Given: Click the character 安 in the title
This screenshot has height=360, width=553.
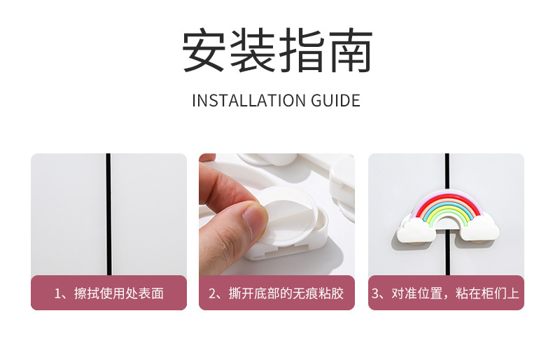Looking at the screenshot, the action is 204,50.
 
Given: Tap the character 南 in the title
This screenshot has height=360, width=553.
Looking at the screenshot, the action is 351,50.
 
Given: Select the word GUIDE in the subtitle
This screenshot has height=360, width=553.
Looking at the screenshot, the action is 336,101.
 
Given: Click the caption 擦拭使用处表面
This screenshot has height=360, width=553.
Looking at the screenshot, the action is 119,293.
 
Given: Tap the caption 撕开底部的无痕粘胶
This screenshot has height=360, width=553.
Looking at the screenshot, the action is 286,293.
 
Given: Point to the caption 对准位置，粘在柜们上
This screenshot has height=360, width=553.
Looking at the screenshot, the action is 455,293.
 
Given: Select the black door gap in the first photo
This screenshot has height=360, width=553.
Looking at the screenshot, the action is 108,214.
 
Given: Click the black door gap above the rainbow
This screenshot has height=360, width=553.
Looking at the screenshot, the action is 447,172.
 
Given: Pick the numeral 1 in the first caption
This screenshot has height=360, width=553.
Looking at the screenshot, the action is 57,293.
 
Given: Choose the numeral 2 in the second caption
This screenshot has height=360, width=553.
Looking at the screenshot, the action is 212,293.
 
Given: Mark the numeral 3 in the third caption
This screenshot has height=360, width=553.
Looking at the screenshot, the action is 376,293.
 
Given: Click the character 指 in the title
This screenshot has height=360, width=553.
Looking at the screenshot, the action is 302,50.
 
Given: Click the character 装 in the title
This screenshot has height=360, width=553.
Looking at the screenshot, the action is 253,50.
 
